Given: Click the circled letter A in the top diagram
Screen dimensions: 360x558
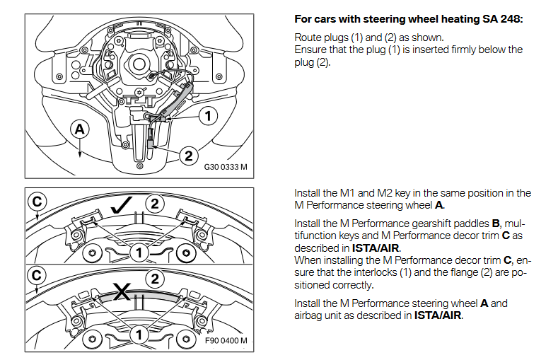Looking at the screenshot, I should point(81,129).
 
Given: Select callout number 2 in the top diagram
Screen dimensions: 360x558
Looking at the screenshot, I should point(188,156).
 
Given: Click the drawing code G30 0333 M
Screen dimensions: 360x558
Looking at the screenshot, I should point(226,169).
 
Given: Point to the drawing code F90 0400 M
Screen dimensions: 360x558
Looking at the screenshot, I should point(226,341).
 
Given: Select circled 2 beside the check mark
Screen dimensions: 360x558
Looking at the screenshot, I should point(157,204).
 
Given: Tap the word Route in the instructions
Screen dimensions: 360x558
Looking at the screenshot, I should point(308,37).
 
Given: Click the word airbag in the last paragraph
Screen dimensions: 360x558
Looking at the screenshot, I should point(308,315).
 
